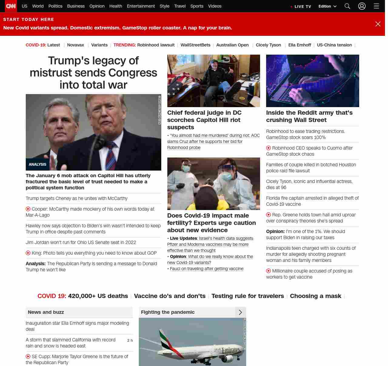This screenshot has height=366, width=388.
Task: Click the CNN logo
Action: pyautogui.click(x=11, y=6)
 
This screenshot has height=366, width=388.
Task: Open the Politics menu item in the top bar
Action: pyautogui.click(x=55, y=6)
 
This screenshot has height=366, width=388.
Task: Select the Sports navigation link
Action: pyautogui.click(x=197, y=6)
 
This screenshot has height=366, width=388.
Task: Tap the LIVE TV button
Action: pyautogui.click(x=301, y=6)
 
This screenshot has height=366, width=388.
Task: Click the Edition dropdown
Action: pyautogui.click(x=327, y=6)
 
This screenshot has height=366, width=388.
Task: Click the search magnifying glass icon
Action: pyautogui.click(x=347, y=6)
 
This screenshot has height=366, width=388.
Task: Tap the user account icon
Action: pyautogui.click(x=362, y=6)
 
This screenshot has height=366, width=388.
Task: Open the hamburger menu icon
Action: pyautogui.click(x=376, y=6)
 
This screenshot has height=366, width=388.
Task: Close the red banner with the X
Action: pyautogui.click(x=378, y=24)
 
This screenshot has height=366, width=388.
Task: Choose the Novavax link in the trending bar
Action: pyautogui.click(x=75, y=45)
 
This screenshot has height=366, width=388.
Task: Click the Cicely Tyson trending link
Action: pyautogui.click(x=268, y=45)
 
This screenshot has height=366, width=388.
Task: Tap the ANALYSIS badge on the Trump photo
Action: pyautogui.click(x=38, y=164)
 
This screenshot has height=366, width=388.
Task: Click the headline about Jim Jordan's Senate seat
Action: pyautogui.click(x=81, y=242)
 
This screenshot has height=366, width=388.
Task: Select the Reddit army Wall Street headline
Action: pyautogui.click(x=309, y=116)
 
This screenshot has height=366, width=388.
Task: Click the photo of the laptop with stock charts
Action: pyautogui.click(x=313, y=81)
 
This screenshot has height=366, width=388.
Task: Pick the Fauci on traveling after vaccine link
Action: pyautogui.click(x=207, y=269)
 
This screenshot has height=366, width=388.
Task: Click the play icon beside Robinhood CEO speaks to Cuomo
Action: pyautogui.click(x=269, y=148)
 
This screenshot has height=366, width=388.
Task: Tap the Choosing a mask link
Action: pyautogui.click(x=316, y=296)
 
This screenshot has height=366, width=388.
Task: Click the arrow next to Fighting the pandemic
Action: pyautogui.click(x=240, y=312)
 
